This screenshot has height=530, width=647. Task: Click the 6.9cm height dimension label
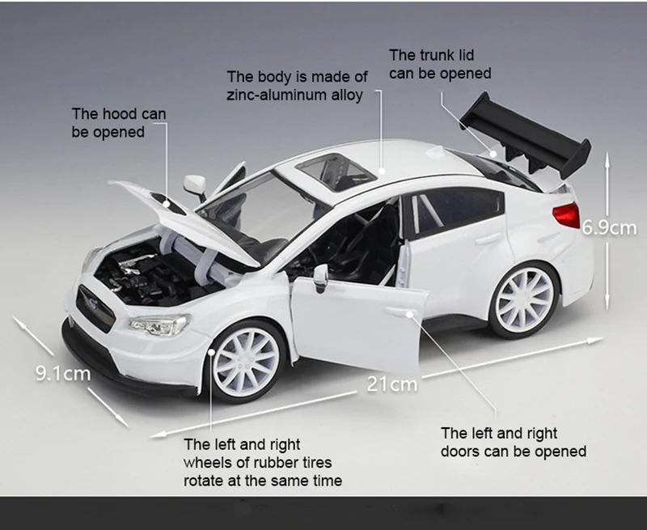[611, 228]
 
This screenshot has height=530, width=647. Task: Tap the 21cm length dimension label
[392, 383]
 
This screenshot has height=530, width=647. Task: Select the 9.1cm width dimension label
[62, 374]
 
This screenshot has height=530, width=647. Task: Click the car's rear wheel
[525, 299]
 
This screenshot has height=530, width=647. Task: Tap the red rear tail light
[566, 215]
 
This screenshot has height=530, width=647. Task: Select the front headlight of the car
[160, 325]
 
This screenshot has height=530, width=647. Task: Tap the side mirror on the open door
[320, 275]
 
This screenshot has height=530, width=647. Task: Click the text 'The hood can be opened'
[118, 122]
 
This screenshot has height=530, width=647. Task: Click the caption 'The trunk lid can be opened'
[440, 64]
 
